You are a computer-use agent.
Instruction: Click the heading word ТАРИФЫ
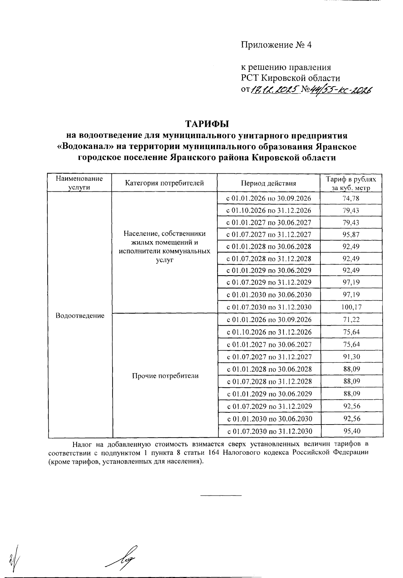[x=207, y=124]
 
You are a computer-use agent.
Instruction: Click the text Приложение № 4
[x=276, y=45]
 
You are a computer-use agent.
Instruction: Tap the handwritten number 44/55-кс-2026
[x=341, y=90]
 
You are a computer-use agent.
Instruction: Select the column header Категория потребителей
[x=165, y=183]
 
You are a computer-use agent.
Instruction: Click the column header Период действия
[x=268, y=183]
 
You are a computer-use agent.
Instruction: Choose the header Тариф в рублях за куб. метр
[x=351, y=183]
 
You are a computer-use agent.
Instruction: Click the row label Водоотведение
[x=80, y=316]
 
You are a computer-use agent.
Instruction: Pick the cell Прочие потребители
[x=165, y=376]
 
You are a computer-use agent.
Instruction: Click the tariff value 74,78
[x=351, y=198]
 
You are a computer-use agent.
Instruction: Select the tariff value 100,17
[x=351, y=307]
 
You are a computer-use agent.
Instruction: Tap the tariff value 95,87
[x=351, y=235]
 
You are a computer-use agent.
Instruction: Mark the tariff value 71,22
[x=351, y=320]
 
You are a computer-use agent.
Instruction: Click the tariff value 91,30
[x=351, y=357]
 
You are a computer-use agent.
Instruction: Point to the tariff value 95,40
[x=352, y=431]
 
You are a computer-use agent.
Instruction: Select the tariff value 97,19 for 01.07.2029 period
[x=351, y=282]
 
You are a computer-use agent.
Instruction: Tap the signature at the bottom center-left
[x=123, y=557]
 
